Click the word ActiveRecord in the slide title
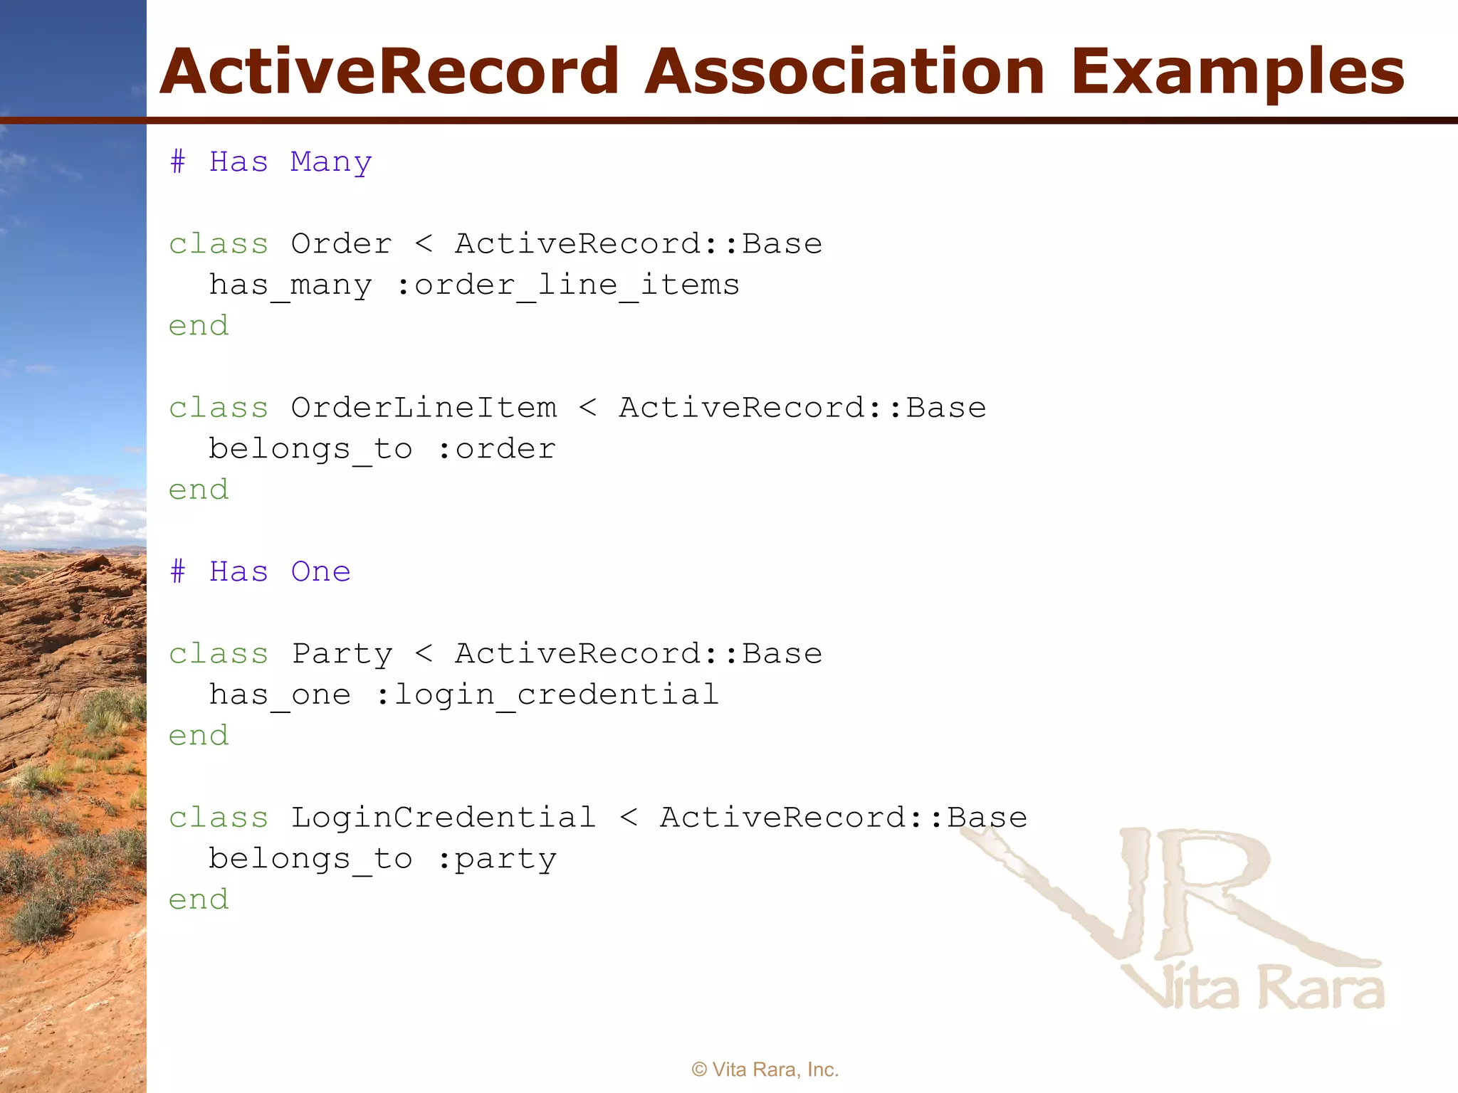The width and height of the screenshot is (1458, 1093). pyautogui.click(x=389, y=71)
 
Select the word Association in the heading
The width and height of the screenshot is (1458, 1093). pyautogui.click(x=844, y=71)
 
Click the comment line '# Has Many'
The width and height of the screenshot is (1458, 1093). pyautogui.click(x=271, y=162)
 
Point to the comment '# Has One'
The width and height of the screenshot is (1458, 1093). pyautogui.click(x=261, y=572)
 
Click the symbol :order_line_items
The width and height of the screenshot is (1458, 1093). pyautogui.click(x=567, y=285)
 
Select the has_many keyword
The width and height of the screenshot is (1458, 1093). pyautogui.click(x=290, y=285)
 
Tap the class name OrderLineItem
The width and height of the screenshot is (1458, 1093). pyautogui.click(x=424, y=408)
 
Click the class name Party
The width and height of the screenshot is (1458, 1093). pyautogui.click(x=342, y=654)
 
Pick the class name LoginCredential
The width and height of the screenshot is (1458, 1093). pyautogui.click(x=444, y=818)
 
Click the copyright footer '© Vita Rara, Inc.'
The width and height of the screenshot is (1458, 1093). pyautogui.click(x=765, y=1070)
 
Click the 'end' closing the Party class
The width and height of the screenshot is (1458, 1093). pyautogui.click(x=199, y=736)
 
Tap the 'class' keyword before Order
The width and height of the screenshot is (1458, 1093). pyautogui.click(x=219, y=244)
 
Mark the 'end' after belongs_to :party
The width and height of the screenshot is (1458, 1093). pyautogui.click(x=199, y=899)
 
